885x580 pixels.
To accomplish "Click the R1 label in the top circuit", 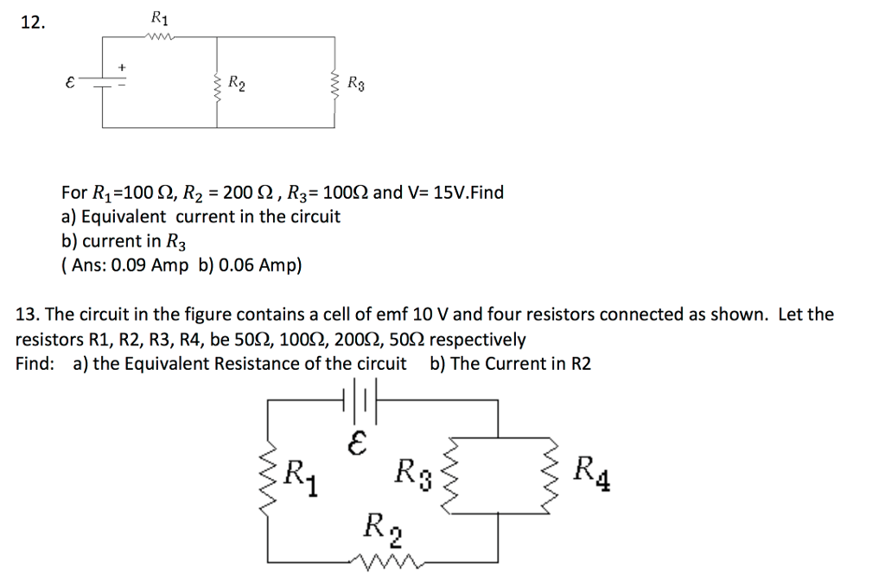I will point(160,18).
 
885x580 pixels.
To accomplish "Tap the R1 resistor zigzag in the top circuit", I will point(160,36).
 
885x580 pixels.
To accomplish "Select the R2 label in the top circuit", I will point(236,84).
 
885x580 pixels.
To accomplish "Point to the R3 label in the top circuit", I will point(355,84).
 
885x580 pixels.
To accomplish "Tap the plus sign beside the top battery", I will point(122,67).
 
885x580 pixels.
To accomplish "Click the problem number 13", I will point(27,315).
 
